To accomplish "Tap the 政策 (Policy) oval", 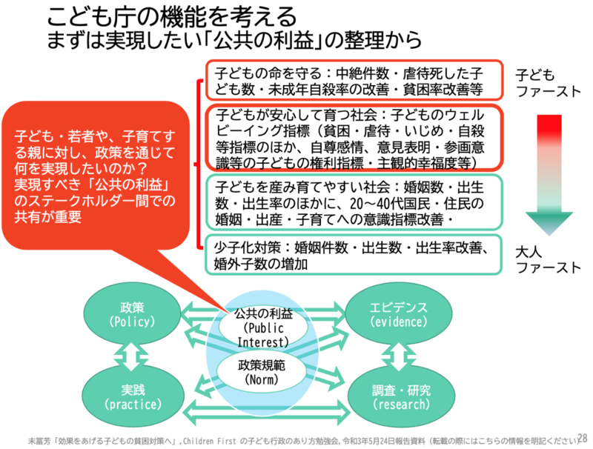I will point(131,315).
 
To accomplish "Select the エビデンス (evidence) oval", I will point(400,315).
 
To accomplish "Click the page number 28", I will point(582,436).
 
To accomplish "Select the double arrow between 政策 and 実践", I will point(131,356).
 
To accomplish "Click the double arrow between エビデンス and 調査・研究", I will point(400,356).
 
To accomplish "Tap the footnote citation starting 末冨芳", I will point(296,438).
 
